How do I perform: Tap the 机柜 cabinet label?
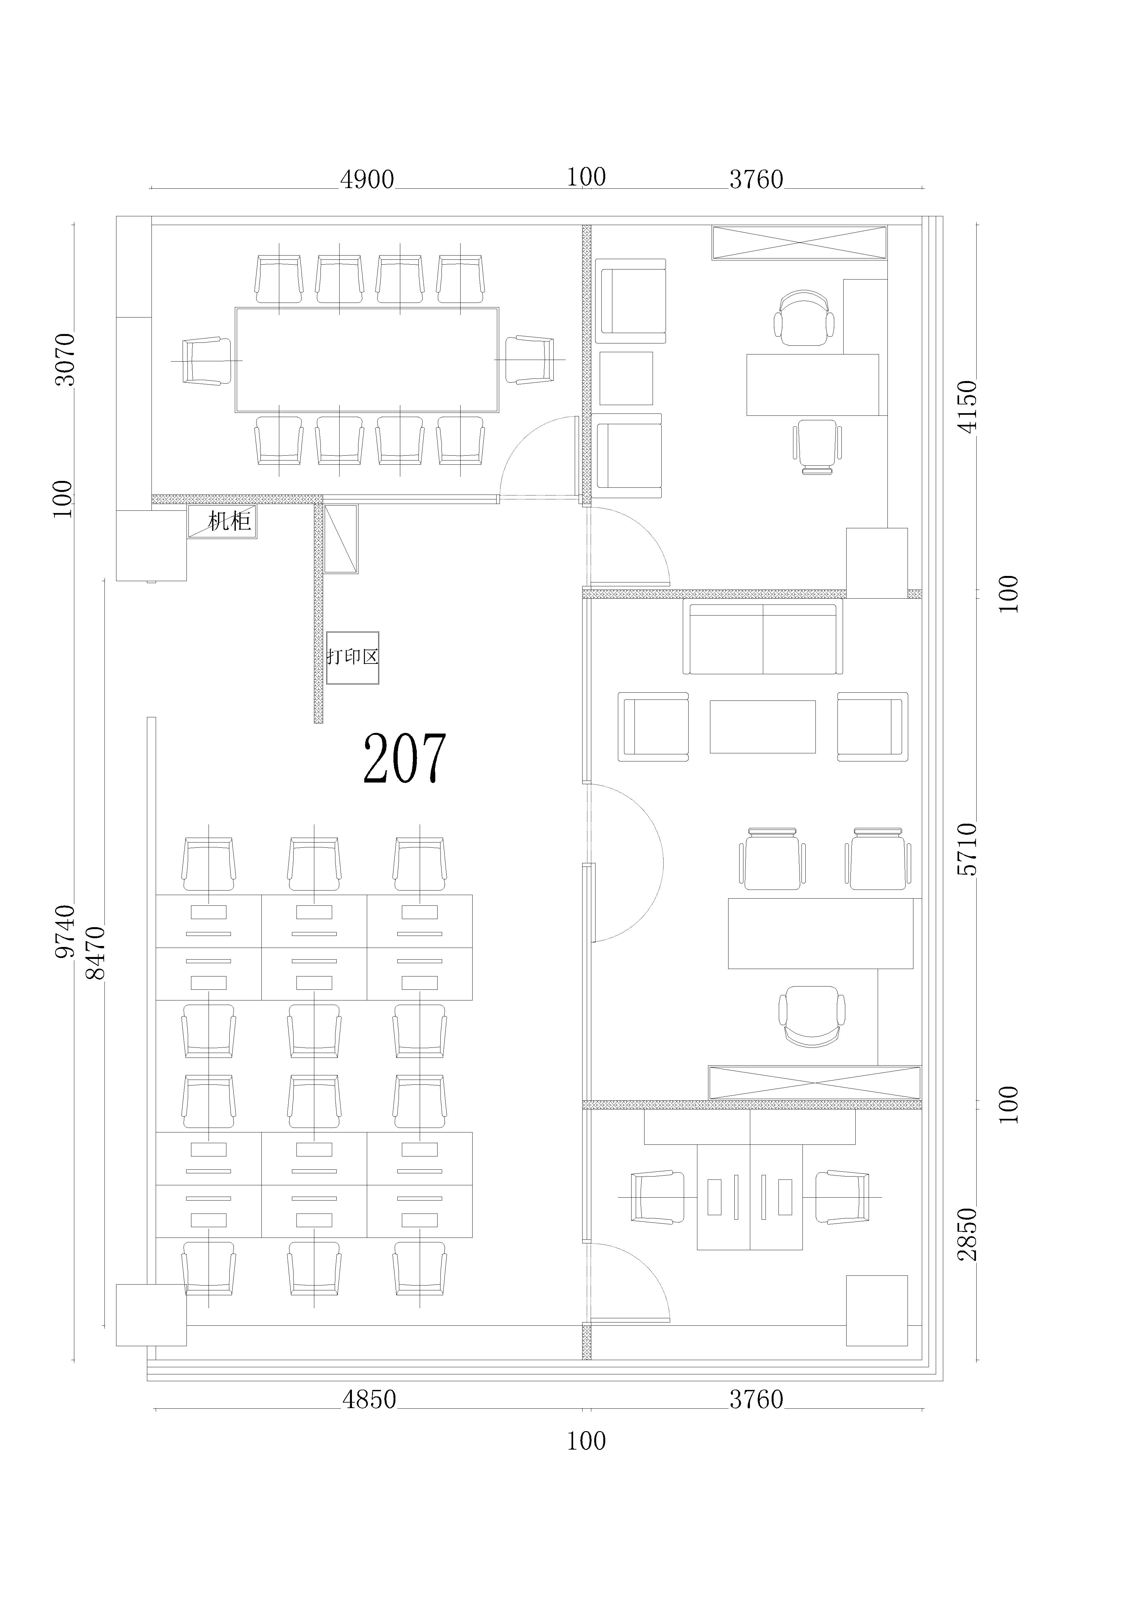(x=230, y=521)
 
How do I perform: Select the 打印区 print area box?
(x=353, y=658)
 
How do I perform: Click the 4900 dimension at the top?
(x=367, y=180)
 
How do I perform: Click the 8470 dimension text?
(x=95, y=953)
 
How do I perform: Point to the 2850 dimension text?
(x=967, y=1234)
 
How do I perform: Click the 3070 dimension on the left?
(x=65, y=359)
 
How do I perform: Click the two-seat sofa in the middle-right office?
(x=763, y=639)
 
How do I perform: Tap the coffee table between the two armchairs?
(x=763, y=727)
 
